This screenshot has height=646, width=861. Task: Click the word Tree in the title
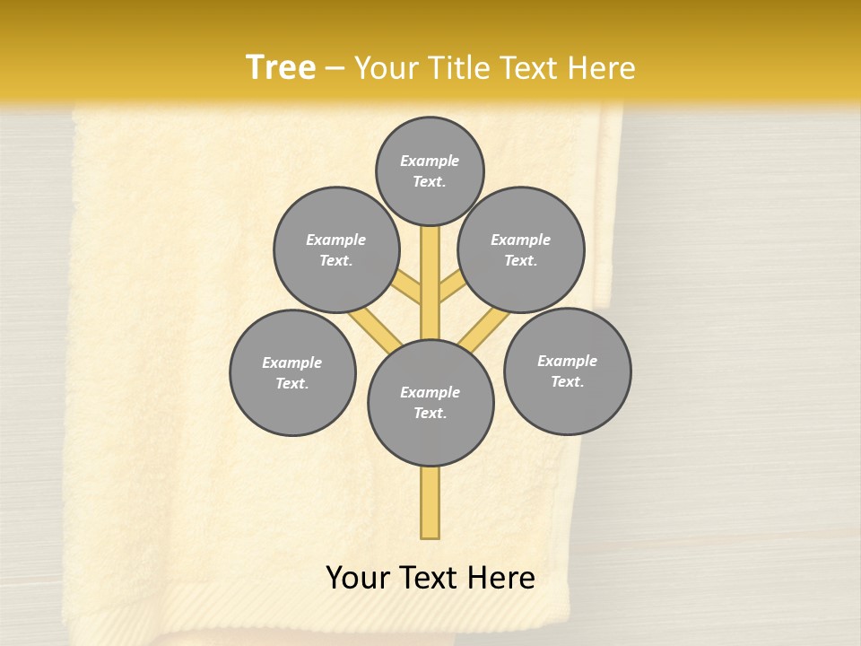click(x=281, y=67)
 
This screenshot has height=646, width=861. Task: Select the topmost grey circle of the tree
click(x=430, y=170)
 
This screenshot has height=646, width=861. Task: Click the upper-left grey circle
click(x=336, y=249)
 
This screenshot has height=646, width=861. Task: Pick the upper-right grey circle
click(x=521, y=249)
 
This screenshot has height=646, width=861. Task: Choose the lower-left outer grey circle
click(x=292, y=372)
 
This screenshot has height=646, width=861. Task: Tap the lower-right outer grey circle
click(x=568, y=371)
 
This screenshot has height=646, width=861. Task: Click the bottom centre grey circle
click(x=430, y=402)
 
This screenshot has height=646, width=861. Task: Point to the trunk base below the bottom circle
click(x=430, y=502)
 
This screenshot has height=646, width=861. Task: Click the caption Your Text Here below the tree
click(x=430, y=578)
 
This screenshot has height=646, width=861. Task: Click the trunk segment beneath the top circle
click(x=430, y=269)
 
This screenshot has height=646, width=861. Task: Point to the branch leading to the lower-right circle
click(x=484, y=329)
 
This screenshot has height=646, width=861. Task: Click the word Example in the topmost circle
click(x=430, y=161)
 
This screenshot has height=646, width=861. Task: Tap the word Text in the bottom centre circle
click(x=429, y=413)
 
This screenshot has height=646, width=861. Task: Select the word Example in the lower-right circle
click(x=567, y=361)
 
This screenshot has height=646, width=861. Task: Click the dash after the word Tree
click(x=335, y=68)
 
